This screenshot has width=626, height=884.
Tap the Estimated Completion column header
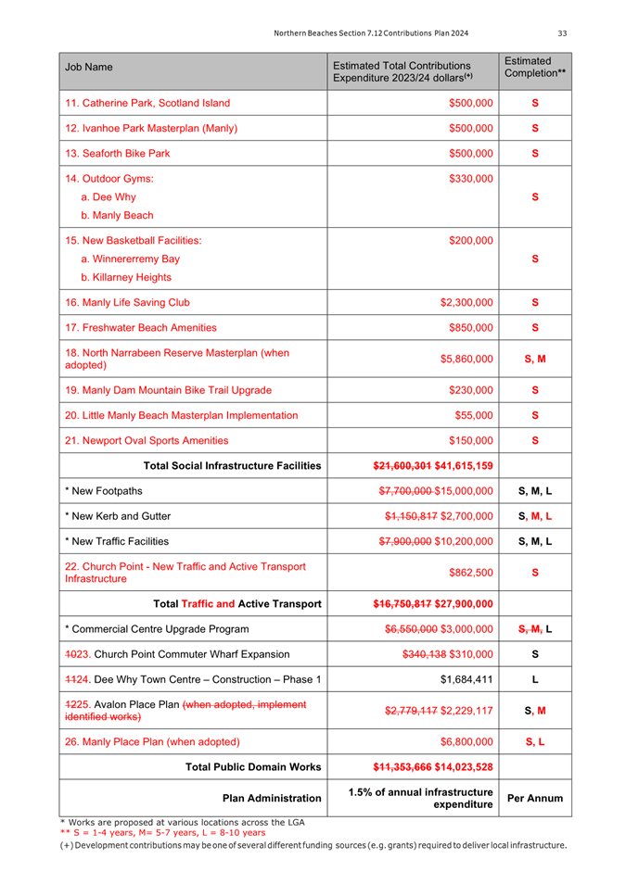(533, 67)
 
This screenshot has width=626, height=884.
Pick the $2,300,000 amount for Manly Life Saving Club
(466, 302)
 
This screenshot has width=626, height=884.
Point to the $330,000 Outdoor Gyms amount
(470, 178)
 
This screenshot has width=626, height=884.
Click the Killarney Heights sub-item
(126, 277)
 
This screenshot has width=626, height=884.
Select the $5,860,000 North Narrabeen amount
(466, 359)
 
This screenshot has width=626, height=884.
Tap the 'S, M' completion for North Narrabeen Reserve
(534, 359)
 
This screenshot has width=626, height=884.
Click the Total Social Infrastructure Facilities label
(233, 465)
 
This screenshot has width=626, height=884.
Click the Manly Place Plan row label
(153, 741)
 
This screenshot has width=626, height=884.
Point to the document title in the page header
(371, 34)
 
